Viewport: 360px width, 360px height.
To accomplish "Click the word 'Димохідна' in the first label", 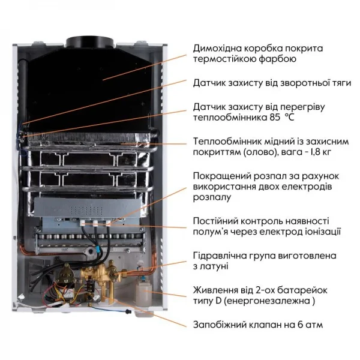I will click(x=219, y=48).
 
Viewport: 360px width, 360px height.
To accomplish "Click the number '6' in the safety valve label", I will click(x=291, y=325).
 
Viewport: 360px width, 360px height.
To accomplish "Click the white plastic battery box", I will click(x=142, y=294).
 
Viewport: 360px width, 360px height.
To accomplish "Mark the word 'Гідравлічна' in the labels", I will click(x=223, y=254).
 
